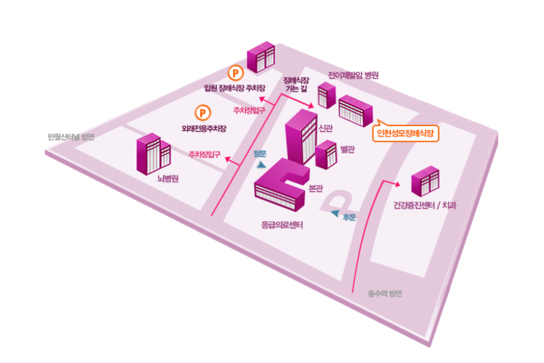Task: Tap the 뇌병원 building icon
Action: (x=153, y=154)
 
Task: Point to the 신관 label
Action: (x=326, y=128)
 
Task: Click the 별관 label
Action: (x=347, y=149)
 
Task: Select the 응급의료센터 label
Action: (x=282, y=225)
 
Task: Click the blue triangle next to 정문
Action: (x=262, y=164)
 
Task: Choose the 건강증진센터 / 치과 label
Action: (x=425, y=205)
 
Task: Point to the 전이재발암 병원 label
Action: (x=353, y=75)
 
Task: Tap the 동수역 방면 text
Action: (x=385, y=294)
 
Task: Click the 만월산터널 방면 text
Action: (x=70, y=136)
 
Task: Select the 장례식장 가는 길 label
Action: (x=296, y=84)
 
